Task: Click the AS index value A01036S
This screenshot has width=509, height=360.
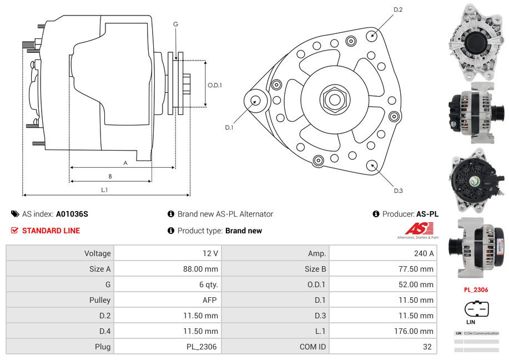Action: click(x=72, y=214)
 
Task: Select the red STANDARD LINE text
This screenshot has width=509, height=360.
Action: click(x=51, y=231)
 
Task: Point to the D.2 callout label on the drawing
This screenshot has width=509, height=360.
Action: click(x=398, y=9)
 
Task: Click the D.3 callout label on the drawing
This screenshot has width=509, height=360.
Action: click(x=398, y=191)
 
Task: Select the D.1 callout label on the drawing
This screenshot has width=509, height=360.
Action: click(x=229, y=127)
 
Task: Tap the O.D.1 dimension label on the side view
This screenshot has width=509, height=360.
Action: click(x=215, y=85)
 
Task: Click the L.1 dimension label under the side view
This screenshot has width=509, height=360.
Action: click(x=104, y=190)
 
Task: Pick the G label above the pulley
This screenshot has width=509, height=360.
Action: click(x=175, y=24)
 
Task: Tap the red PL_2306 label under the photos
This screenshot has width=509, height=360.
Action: click(x=476, y=289)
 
